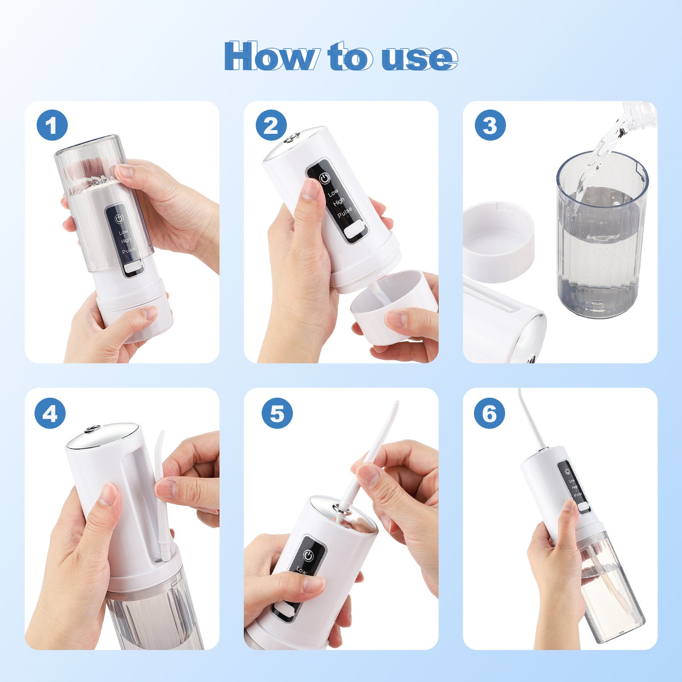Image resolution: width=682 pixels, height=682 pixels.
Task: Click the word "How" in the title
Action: click(269, 57)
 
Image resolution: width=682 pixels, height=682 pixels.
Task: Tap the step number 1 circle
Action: click(52, 125)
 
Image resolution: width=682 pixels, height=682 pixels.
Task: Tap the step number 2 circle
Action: click(271, 125)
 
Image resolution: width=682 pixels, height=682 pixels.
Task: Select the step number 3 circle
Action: click(490, 125)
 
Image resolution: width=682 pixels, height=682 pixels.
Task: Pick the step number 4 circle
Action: click(50, 413)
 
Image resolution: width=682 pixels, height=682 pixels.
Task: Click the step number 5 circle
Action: click(277, 413)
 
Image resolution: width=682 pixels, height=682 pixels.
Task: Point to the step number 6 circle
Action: click(489, 413)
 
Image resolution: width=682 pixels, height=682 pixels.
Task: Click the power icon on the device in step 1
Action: click(119, 219)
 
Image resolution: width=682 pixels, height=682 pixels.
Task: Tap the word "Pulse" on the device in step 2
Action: click(345, 212)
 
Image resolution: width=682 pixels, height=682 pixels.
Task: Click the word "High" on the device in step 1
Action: click(126, 241)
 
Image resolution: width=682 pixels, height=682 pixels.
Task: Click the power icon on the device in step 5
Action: click(308, 556)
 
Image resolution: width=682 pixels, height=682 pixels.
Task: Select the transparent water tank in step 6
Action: click(614, 590)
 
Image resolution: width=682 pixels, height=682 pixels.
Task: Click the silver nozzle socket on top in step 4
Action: click(92, 429)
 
